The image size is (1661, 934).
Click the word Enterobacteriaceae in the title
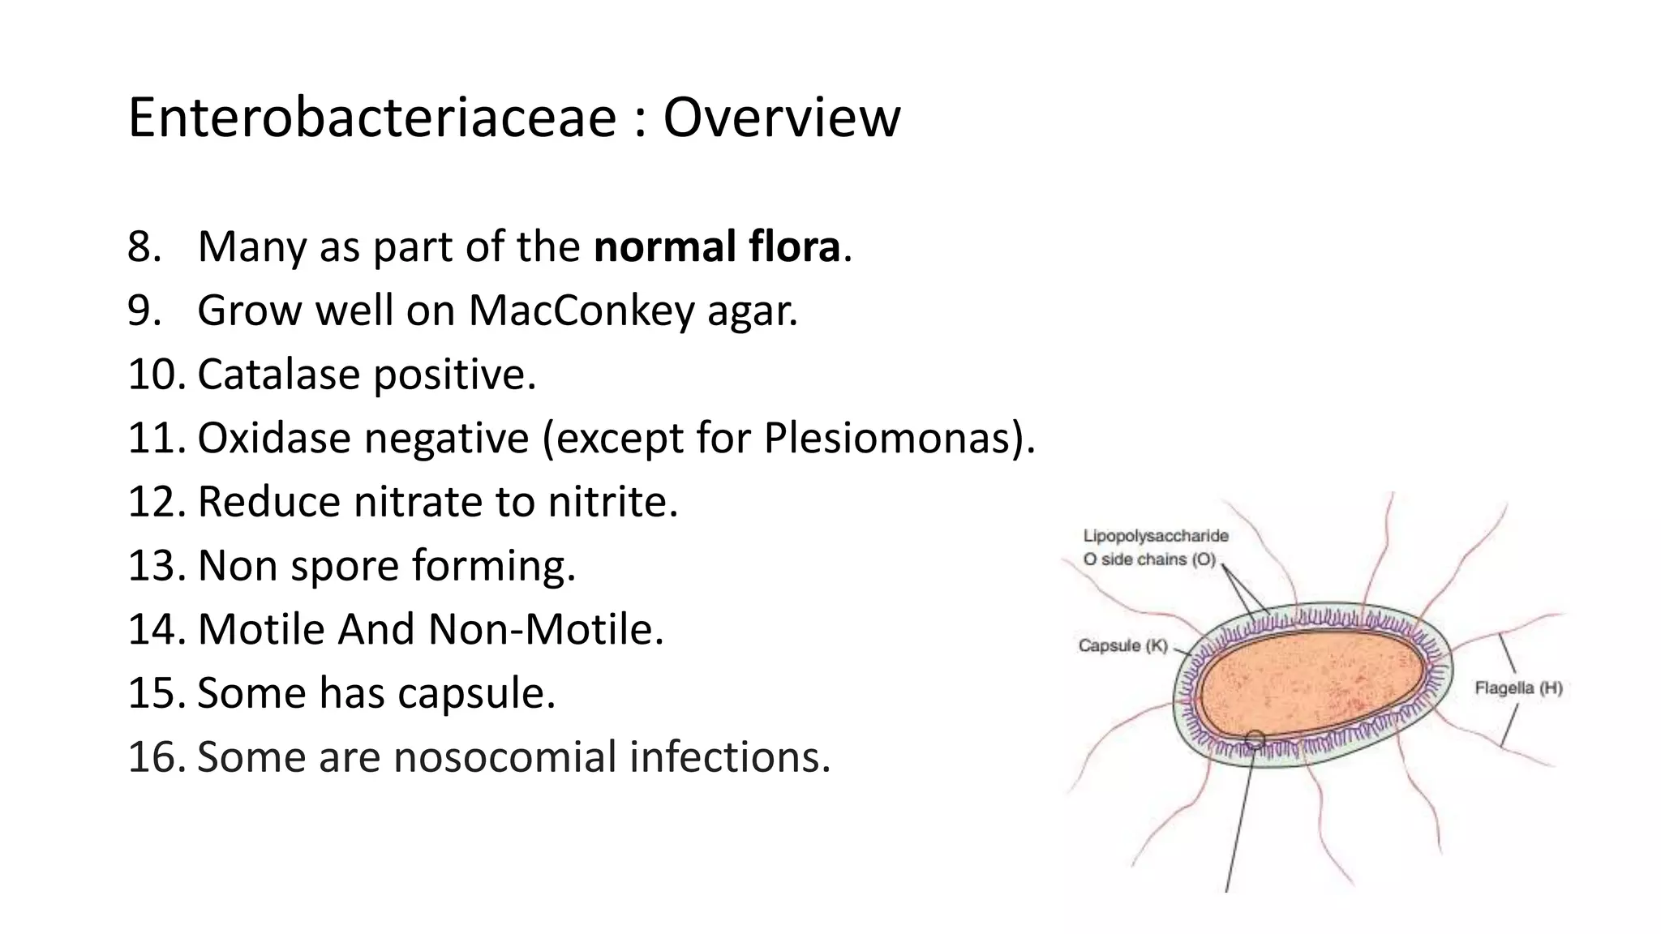[x=372, y=118]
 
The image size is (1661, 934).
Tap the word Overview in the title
[x=781, y=118]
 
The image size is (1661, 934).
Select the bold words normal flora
[x=717, y=246]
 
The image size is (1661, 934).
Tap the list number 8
[x=144, y=246]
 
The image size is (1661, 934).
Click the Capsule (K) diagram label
[x=1122, y=646]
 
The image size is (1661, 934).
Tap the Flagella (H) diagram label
[x=1517, y=688]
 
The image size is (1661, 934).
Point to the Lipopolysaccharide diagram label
[x=1156, y=536]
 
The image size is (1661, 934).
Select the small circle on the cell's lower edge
[x=1254, y=739]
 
